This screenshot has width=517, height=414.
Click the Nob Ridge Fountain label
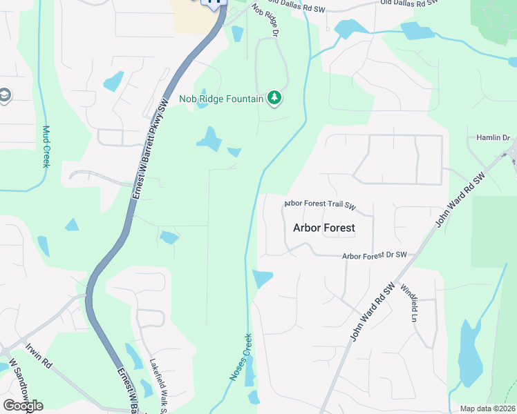(221, 99)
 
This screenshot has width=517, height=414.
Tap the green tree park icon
(275, 98)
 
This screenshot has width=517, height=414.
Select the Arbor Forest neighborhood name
(324, 227)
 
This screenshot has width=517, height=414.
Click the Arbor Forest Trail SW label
(320, 206)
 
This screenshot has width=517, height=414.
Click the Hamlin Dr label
(492, 138)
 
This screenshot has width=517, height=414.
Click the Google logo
(23, 405)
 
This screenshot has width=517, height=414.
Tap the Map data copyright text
(488, 408)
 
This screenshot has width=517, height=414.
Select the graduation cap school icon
(4, 95)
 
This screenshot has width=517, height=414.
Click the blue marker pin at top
(214, 3)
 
